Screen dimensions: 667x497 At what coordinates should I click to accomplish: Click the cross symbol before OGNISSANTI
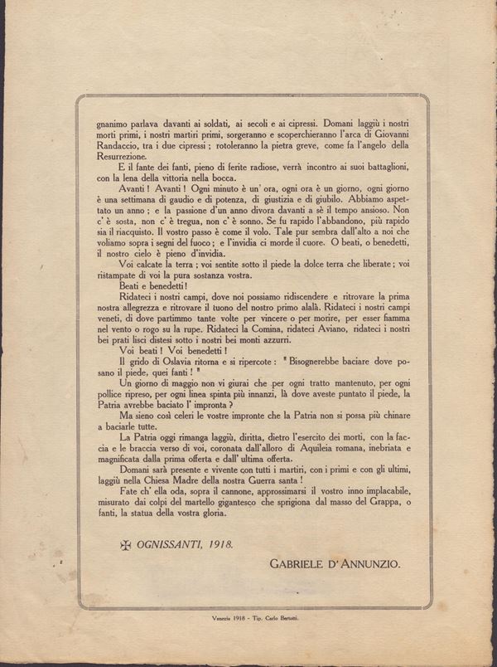tap(127, 545)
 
